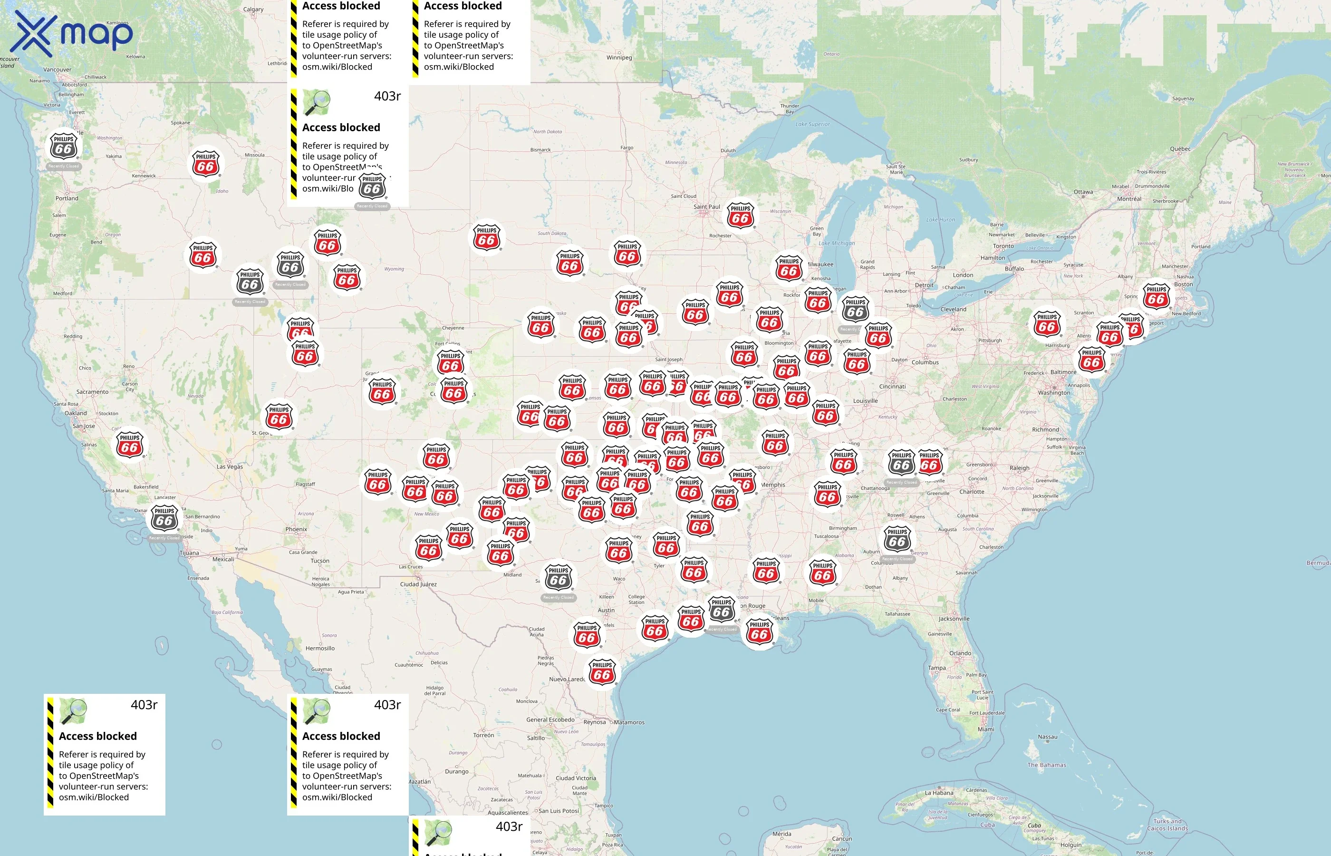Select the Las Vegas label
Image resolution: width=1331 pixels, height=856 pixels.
coord(230,467)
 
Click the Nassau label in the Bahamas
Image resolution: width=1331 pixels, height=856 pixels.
coord(1047,737)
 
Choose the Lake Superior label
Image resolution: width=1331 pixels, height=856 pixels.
coord(812,124)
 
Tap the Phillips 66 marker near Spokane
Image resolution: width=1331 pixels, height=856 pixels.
coord(205,165)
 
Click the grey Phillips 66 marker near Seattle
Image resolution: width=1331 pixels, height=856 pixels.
coord(64,147)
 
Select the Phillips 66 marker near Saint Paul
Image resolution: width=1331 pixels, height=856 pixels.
coord(740,217)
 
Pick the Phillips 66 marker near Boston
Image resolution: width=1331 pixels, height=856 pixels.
coord(1156,298)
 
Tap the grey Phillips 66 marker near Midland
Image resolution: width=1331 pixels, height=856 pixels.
coord(558,579)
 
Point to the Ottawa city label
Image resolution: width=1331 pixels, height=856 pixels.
coord(1083,192)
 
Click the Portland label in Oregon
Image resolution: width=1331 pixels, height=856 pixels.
coord(67,198)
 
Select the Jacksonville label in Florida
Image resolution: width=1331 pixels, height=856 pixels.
coord(954,619)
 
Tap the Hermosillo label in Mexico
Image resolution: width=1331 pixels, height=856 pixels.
coord(320,648)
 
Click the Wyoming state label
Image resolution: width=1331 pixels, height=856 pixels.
coord(394,269)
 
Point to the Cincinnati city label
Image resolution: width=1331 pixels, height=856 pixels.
coord(892,386)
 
